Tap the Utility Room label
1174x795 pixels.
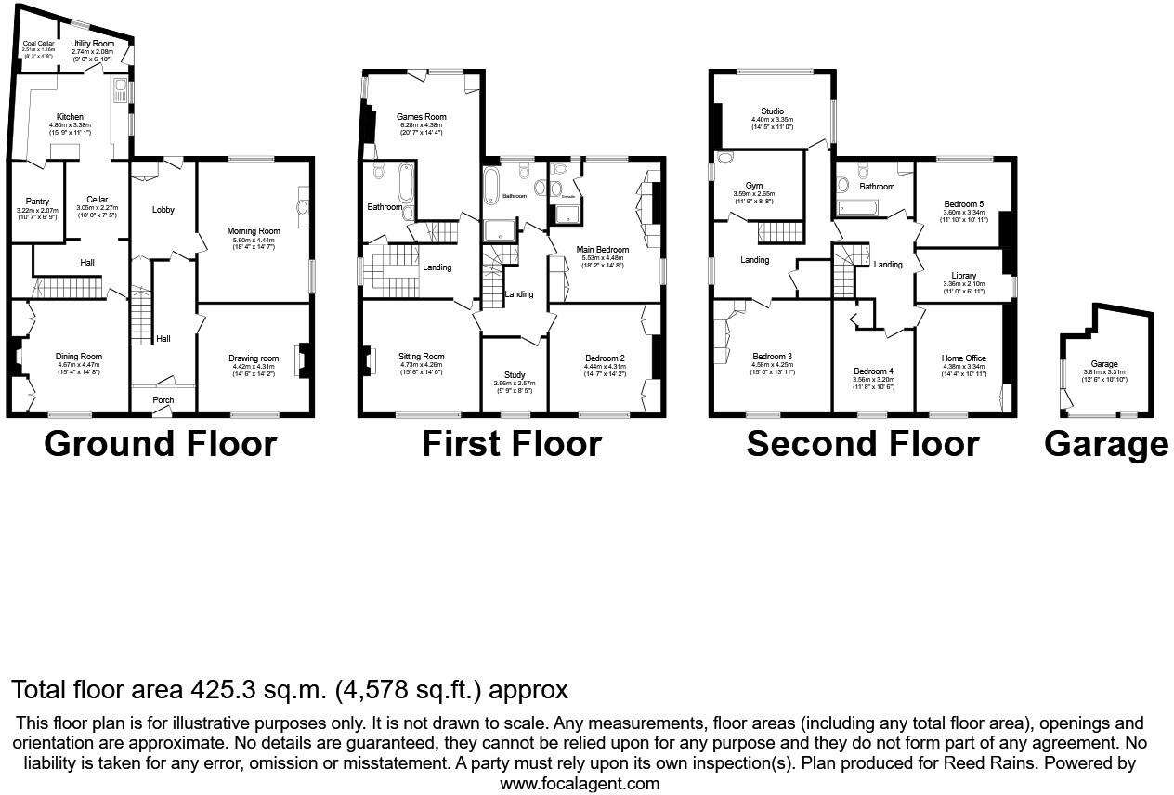(x=92, y=44)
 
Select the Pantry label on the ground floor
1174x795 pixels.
(x=37, y=201)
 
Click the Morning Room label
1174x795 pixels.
(x=254, y=231)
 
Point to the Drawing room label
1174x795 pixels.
(x=254, y=358)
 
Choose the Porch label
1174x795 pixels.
(x=163, y=400)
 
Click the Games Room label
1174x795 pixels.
(x=422, y=117)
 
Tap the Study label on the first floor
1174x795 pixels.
(x=515, y=375)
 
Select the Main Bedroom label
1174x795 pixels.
(x=603, y=250)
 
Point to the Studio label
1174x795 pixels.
(x=772, y=111)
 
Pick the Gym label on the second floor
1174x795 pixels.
(x=753, y=186)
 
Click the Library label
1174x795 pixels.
(x=959, y=276)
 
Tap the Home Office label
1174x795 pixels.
(x=963, y=358)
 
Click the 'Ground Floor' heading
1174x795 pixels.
(x=160, y=444)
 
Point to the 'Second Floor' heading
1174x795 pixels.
(x=862, y=444)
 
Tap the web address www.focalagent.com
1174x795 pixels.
(x=580, y=783)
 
